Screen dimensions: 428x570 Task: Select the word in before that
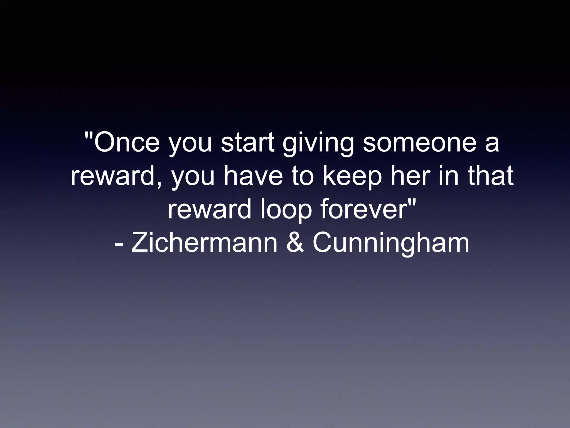pos(449,176)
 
